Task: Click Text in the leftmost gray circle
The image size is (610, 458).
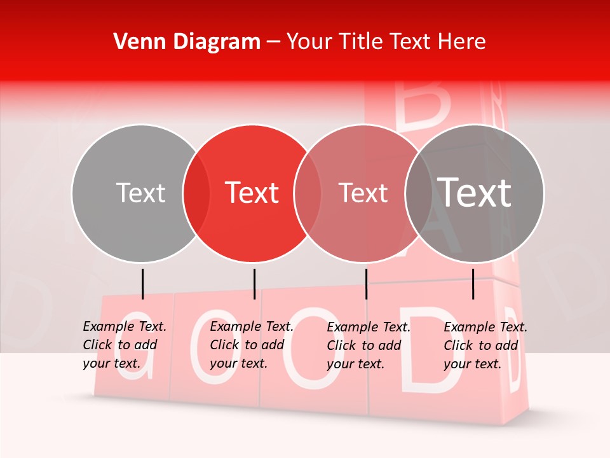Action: point(140,193)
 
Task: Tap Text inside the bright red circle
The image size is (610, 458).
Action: point(252,193)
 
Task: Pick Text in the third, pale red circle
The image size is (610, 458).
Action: point(363,193)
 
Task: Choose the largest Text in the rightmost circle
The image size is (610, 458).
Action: point(475,193)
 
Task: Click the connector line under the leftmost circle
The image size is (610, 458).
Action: point(142,284)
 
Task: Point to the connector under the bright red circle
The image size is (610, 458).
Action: point(254,284)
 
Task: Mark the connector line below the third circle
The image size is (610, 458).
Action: point(366,284)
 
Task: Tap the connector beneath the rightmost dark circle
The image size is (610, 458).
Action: point(473,284)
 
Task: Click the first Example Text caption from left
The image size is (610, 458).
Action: point(125,345)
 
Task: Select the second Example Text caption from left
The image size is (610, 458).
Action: point(252,345)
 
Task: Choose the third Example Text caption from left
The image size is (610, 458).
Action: point(369,345)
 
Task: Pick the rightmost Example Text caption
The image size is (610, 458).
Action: point(485,345)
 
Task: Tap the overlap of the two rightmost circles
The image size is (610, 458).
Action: point(419,193)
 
